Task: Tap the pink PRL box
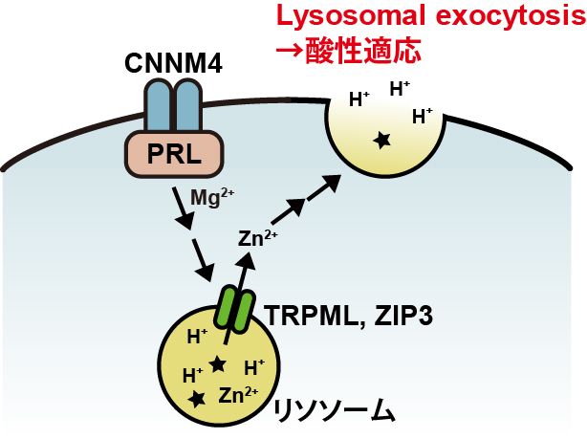point(175,154)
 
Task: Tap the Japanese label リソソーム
point(334,409)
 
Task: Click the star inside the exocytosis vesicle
point(382,141)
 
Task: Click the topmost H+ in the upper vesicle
point(401,89)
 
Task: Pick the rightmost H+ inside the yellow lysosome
point(254,365)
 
